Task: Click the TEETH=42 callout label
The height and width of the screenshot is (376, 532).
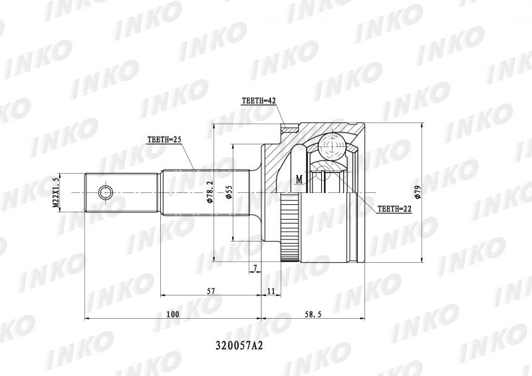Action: (x=258, y=101)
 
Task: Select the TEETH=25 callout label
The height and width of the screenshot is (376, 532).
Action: (x=164, y=140)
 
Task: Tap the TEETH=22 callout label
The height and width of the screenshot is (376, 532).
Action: (x=394, y=209)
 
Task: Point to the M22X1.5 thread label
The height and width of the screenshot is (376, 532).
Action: (x=56, y=192)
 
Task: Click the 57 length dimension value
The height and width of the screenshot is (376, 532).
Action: (x=211, y=291)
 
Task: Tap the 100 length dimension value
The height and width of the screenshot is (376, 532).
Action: (x=173, y=314)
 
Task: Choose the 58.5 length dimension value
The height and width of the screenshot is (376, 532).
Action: (x=313, y=314)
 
